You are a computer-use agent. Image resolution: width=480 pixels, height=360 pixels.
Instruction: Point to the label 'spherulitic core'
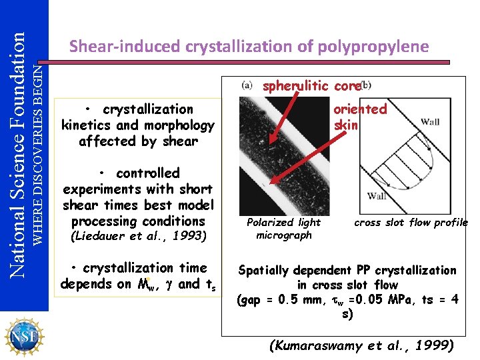coord(311,85)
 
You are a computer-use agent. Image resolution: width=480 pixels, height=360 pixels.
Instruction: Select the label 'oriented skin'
coord(360,117)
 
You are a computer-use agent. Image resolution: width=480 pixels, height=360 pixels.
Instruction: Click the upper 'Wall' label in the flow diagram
coord(430,122)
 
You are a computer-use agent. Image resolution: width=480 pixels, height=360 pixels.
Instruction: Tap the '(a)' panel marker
coord(247,85)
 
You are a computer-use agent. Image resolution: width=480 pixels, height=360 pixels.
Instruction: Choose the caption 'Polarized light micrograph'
coord(283,229)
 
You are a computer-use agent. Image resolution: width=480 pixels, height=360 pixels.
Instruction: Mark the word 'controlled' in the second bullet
coord(147,173)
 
